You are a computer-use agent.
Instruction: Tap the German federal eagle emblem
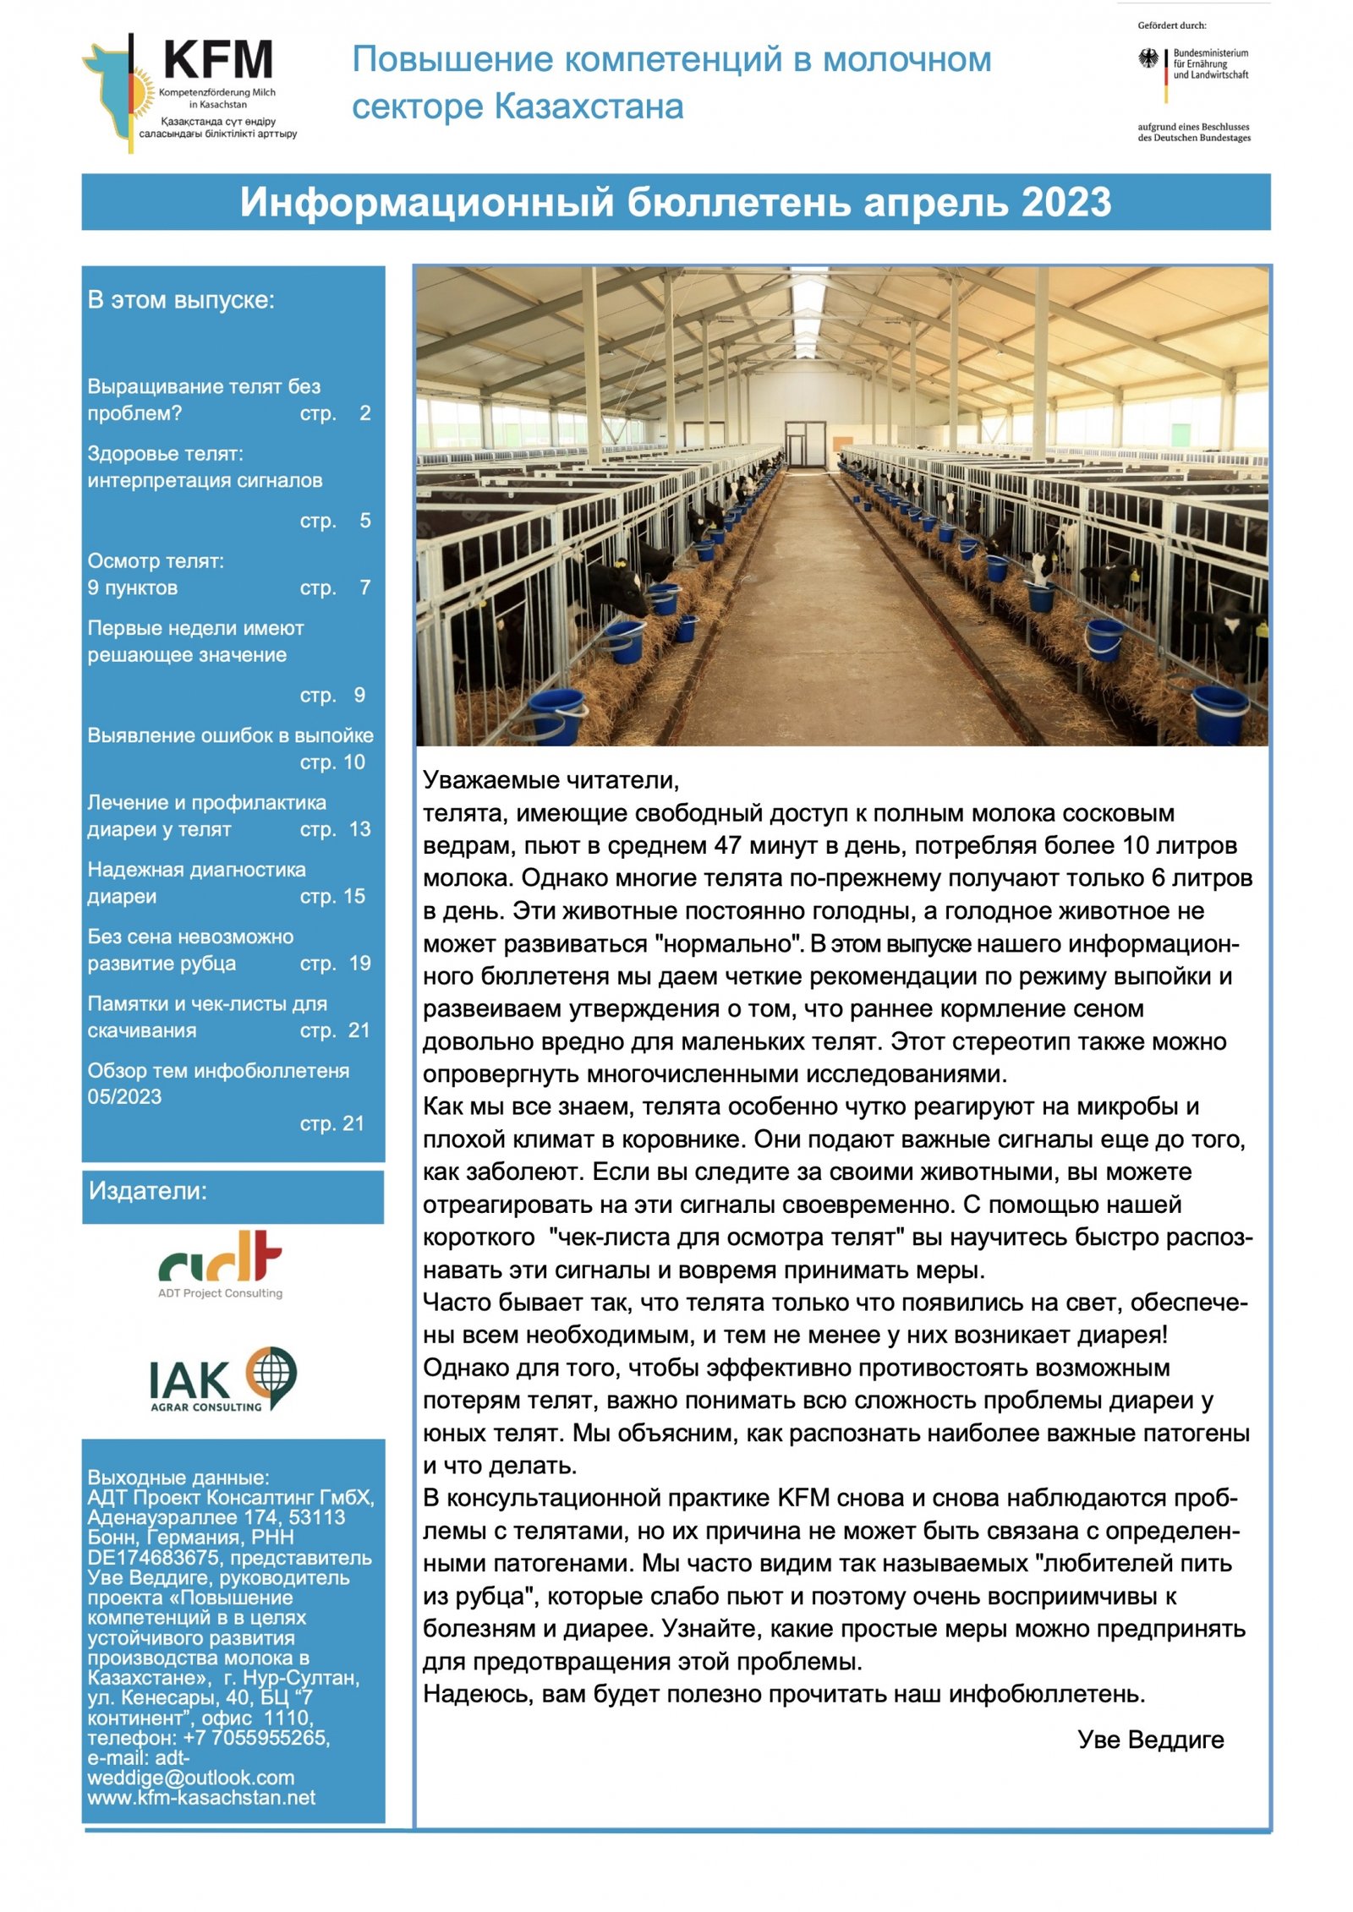pos(1148,59)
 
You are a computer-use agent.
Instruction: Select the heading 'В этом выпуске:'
pos(181,300)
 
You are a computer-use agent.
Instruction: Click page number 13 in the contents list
pos(359,829)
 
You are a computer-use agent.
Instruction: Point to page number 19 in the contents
pos(359,964)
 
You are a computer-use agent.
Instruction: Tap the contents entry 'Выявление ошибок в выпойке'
pos(230,735)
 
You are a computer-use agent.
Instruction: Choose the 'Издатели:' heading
pos(148,1191)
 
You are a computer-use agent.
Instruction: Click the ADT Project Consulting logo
pos(220,1264)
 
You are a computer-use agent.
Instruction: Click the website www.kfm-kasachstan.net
pos(201,1798)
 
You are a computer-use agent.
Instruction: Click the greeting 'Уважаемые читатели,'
pos(551,779)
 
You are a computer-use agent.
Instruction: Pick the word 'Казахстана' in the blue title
pos(589,107)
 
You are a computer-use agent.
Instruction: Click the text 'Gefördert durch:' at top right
pos(1171,25)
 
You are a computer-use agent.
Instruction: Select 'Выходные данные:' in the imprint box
pos(178,1478)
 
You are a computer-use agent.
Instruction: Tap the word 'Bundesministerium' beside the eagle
pos(1210,52)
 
